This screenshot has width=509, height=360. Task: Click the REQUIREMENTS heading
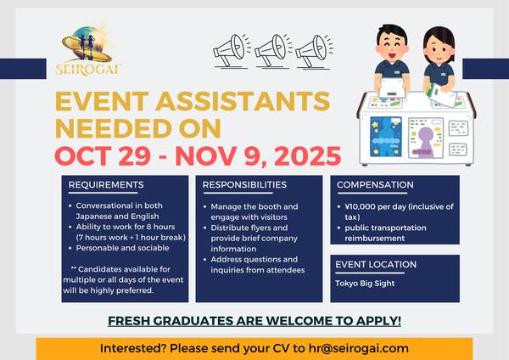106,184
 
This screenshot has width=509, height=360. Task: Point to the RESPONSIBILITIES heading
244,184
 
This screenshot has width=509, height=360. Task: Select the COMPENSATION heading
376,184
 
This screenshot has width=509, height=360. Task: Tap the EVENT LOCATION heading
377,264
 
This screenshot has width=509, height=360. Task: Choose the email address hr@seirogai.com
355,348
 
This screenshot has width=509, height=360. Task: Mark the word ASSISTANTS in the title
228,101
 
